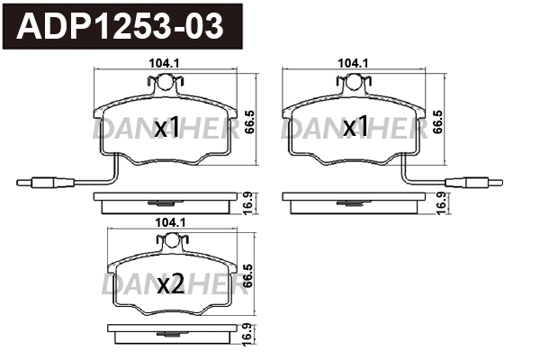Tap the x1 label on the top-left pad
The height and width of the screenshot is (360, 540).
tap(167, 130)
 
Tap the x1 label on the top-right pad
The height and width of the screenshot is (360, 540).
tap(356, 130)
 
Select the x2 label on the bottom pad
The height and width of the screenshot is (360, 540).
tap(170, 285)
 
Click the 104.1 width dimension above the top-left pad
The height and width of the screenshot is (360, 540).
tap(160, 64)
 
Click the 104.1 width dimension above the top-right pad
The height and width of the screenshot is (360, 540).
tap(349, 64)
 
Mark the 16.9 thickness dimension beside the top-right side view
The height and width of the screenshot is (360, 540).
tap(441, 201)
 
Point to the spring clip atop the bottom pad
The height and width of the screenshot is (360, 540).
tap(171, 241)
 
